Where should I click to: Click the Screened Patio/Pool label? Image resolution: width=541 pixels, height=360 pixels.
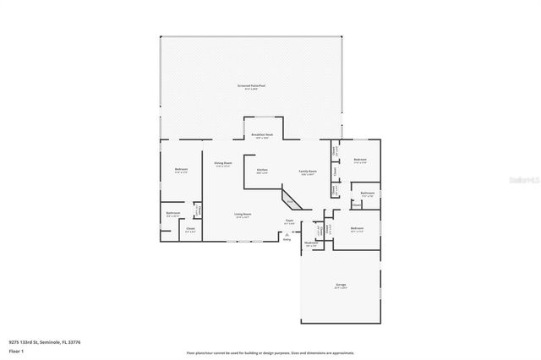click(250, 85)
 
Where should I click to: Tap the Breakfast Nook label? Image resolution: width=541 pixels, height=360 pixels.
click(262, 134)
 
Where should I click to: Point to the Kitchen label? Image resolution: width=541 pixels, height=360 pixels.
click(262, 171)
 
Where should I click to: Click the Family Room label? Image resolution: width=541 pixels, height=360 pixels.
click(307, 171)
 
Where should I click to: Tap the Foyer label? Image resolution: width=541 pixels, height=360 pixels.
click(289, 221)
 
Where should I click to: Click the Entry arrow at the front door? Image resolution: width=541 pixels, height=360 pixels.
click(287, 237)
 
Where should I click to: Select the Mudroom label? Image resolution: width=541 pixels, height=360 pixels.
click(311, 243)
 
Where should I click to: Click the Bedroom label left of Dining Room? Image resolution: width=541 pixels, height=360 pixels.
click(181, 170)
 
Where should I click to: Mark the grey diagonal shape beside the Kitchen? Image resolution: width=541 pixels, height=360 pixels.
click(289, 200)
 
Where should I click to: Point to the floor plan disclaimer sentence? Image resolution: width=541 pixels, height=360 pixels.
click(270, 352)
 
